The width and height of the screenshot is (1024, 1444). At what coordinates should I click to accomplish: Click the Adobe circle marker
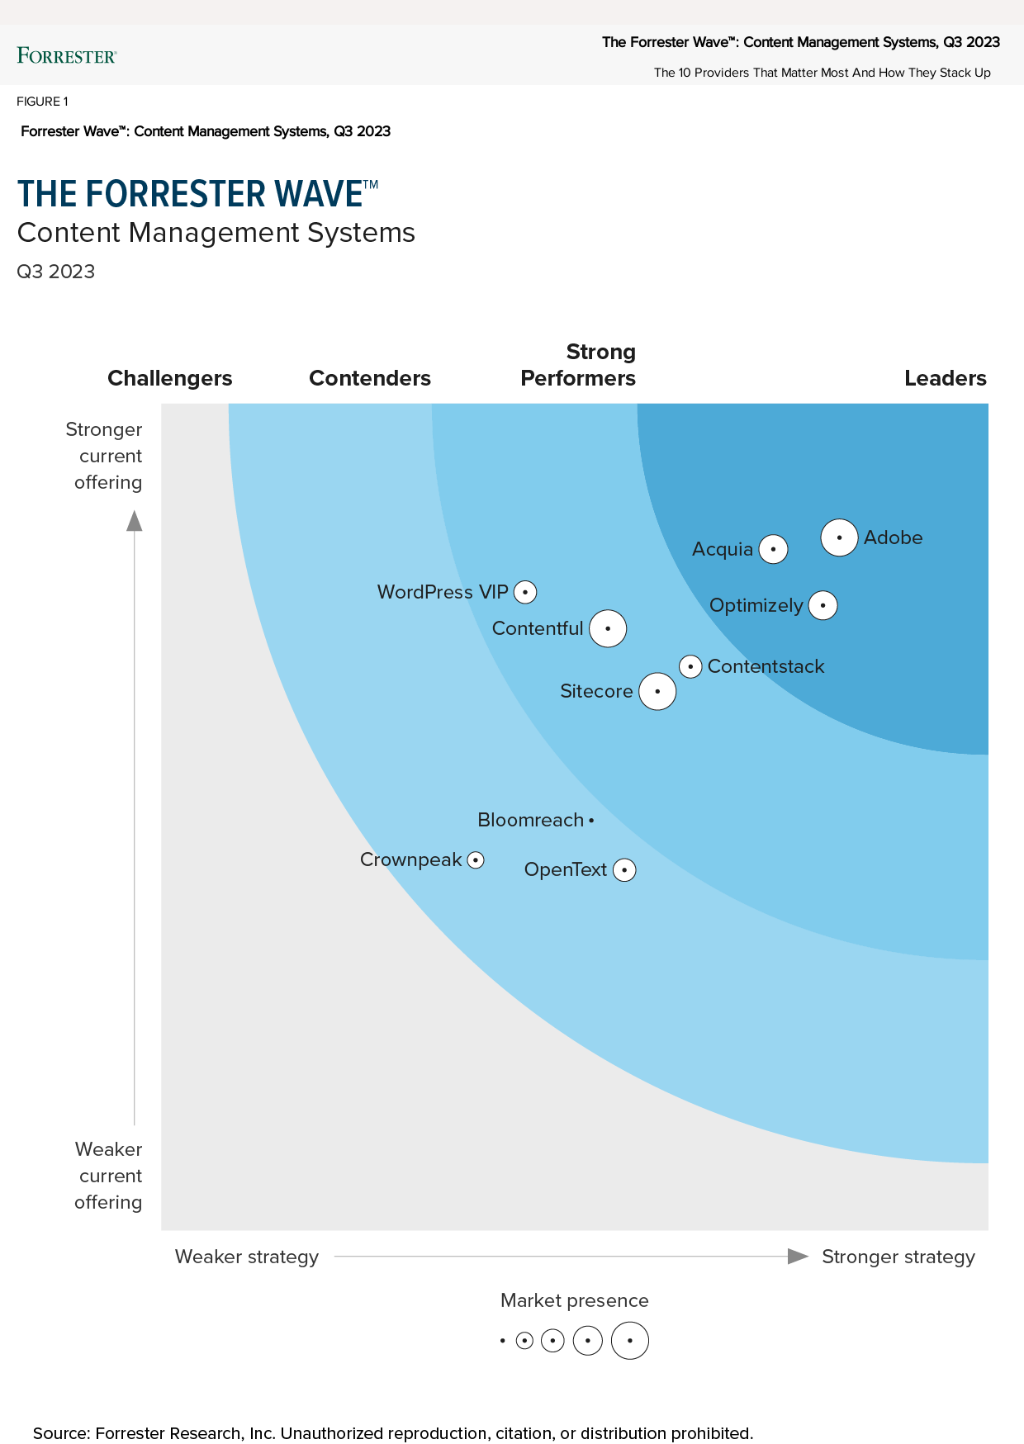(x=839, y=537)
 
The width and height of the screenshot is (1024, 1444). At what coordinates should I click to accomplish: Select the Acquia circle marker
(x=773, y=549)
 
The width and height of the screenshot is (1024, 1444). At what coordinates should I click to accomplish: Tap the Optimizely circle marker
(x=823, y=605)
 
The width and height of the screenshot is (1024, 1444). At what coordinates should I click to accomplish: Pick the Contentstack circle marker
(x=691, y=666)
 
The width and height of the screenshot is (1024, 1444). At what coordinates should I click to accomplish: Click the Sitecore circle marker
(x=657, y=691)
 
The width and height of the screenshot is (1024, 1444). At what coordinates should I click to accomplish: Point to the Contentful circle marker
(x=608, y=628)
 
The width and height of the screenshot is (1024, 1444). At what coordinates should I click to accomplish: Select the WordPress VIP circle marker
(x=525, y=592)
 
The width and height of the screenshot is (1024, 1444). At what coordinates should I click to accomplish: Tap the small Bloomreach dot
(x=591, y=821)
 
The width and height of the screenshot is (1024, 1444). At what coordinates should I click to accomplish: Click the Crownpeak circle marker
(x=476, y=859)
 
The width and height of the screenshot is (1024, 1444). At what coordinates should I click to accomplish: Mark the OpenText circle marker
(x=624, y=869)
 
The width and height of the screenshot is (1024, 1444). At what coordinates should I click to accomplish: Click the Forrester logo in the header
(x=67, y=55)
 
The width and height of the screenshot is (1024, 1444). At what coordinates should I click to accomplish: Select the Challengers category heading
(x=170, y=378)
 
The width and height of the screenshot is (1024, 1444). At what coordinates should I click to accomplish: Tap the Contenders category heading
(x=370, y=378)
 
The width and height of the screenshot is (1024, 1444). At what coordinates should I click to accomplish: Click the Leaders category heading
(x=945, y=378)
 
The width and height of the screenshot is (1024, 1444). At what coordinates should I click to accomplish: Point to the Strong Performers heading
(x=578, y=365)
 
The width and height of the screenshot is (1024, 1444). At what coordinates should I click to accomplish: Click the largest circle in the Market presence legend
(x=630, y=1341)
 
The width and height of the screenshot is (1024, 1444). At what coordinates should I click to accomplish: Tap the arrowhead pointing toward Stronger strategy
(x=798, y=1257)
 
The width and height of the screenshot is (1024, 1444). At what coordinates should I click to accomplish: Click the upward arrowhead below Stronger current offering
(x=135, y=520)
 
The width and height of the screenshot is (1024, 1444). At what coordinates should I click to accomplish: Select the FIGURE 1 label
(x=42, y=102)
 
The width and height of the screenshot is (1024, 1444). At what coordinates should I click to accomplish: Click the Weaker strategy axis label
(x=247, y=1257)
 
